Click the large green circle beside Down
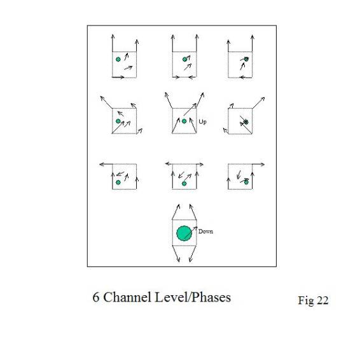pyautogui.click(x=184, y=233)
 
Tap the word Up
pyautogui.click(x=202, y=121)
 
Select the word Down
pyautogui.click(x=205, y=231)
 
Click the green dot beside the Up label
pyautogui.click(x=184, y=121)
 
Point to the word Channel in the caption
pyautogui.click(x=127, y=297)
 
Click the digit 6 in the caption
pyautogui.click(x=96, y=297)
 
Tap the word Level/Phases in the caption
pyautogui.click(x=193, y=297)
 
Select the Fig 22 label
pyautogui.click(x=313, y=300)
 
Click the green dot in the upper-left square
pyautogui.click(x=118, y=59)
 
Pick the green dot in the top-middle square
pyautogui.click(x=184, y=59)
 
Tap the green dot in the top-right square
pyautogui.click(x=246, y=59)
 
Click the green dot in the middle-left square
pyautogui.click(x=118, y=121)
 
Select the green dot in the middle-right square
pyautogui.click(x=246, y=121)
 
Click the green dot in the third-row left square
pyautogui.click(x=118, y=183)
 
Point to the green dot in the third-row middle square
pyautogui.click(x=184, y=183)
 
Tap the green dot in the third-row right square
pyautogui.click(x=246, y=182)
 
